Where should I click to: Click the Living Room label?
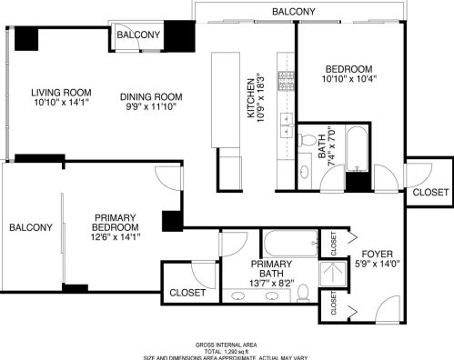[x=61, y=93]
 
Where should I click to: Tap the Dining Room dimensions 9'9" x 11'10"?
[x=151, y=106]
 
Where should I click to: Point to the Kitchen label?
[x=251, y=98]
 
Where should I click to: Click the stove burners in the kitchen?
[x=286, y=80]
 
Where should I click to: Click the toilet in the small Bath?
[x=307, y=140]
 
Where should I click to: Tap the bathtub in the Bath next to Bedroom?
[x=357, y=148]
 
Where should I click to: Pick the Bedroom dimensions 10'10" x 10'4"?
[x=349, y=79]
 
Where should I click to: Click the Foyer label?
[x=377, y=254]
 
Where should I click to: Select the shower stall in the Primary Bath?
[x=333, y=275]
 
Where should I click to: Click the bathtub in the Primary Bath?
[x=291, y=244]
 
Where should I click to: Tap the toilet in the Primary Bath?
[x=303, y=293]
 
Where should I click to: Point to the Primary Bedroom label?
[x=116, y=223]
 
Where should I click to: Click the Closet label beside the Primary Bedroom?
[x=187, y=293]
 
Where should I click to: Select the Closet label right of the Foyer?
[x=430, y=192]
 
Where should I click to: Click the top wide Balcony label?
[x=294, y=12]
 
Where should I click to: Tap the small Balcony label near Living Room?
[x=138, y=35]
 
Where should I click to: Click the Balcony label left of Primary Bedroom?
[x=31, y=227]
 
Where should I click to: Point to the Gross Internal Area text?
[x=226, y=345]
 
